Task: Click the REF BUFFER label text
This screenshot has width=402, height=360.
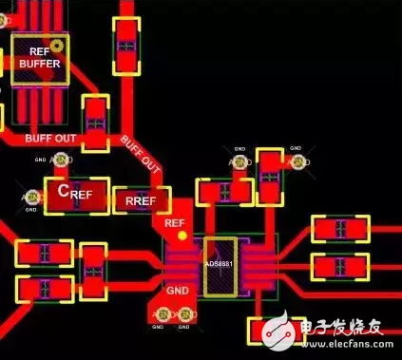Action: [x=39, y=57]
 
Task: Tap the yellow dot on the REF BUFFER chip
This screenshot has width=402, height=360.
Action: [x=56, y=45]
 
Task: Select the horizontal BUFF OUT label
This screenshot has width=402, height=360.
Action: [x=51, y=139]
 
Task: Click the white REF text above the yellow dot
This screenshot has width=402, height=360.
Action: [x=174, y=223]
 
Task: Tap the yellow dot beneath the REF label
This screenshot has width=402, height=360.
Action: [x=182, y=235]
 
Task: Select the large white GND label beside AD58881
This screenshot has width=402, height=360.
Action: [x=178, y=292]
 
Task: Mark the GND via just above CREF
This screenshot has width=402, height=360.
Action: [x=61, y=163]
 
